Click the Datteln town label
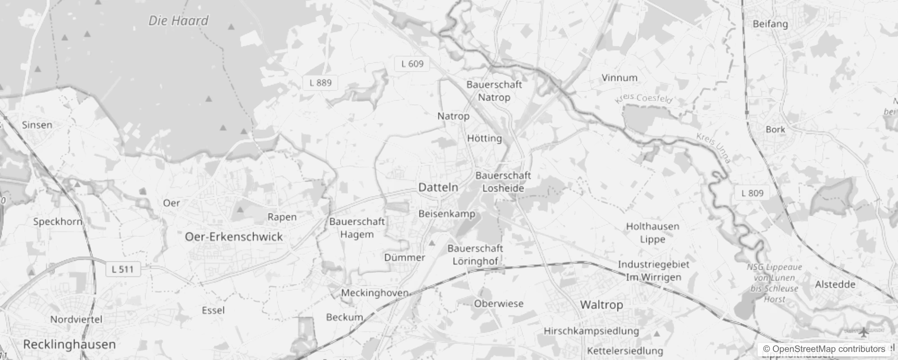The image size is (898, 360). [438, 187]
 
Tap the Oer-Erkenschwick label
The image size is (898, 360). [234, 237]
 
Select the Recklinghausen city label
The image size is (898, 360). [69, 345]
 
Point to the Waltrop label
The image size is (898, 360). [602, 305]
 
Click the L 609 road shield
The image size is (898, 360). [412, 64]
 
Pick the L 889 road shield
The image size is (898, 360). [320, 83]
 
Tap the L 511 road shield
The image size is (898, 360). [122, 270]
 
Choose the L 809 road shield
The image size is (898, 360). [752, 193]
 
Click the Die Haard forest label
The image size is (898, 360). [179, 21]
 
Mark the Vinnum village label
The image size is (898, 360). [620, 78]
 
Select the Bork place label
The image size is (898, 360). [775, 129]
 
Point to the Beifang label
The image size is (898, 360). [770, 24]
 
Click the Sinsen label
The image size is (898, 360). [37, 125]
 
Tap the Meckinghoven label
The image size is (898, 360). [374, 293]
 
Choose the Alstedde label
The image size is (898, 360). [835, 284]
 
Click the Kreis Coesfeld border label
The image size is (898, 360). [643, 98]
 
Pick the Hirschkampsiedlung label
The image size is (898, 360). [591, 331]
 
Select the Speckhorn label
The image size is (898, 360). [58, 221]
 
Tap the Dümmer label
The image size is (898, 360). [404, 257]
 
